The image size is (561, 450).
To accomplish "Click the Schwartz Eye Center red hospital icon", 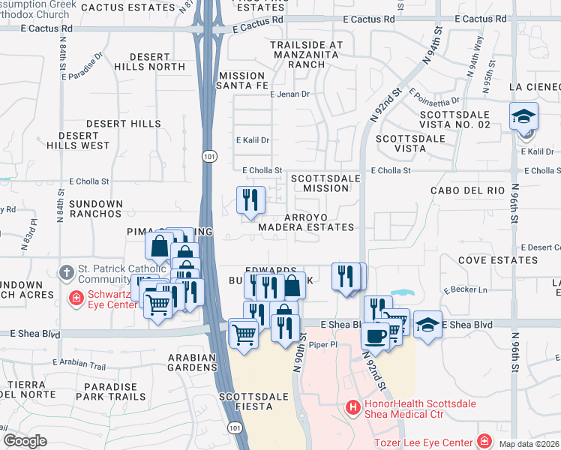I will (76, 299).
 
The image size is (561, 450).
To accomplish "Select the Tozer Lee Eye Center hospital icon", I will (485, 440).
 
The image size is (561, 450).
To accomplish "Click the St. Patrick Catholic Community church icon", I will (66, 271).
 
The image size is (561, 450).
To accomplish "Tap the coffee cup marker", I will (374, 335).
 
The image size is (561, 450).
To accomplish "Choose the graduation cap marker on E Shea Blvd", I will (427, 324).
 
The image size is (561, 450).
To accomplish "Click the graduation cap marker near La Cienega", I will (523, 116).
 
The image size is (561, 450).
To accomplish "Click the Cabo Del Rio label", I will (467, 190).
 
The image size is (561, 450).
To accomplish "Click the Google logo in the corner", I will (25, 441).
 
